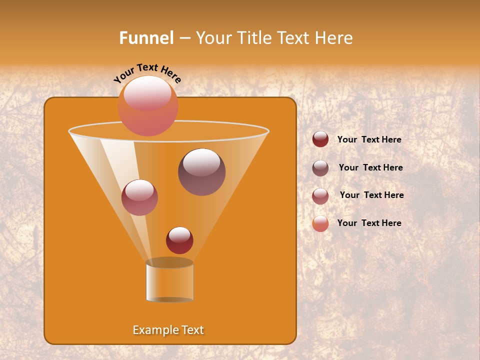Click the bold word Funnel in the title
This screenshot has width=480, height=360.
[146, 37]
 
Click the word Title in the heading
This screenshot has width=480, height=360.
[253, 37]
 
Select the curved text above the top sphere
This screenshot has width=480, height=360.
[147, 72]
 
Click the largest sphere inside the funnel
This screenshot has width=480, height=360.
[201, 172]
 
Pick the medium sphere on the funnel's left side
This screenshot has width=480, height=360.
[139, 197]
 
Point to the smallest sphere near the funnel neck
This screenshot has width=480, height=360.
[179, 240]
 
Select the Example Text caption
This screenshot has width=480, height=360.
[168, 330]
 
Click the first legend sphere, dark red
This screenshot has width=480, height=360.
[320, 139]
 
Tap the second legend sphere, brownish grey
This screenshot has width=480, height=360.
[320, 168]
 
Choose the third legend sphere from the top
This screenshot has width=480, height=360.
[320, 196]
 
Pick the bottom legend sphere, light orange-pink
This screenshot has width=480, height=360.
[320, 223]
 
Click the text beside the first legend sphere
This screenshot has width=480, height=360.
[369, 140]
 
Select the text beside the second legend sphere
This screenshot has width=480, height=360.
[370, 168]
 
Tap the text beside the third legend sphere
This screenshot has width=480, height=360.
[371, 195]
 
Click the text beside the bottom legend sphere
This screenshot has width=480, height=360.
[369, 223]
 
